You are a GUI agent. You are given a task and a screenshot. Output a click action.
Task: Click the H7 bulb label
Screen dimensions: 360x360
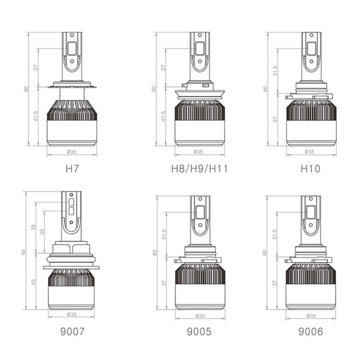pyautogui.click(x=71, y=169)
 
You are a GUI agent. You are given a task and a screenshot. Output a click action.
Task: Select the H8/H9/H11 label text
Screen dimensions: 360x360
pyautogui.click(x=200, y=169)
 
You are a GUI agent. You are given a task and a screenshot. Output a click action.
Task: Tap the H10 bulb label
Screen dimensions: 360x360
pyautogui.click(x=310, y=169)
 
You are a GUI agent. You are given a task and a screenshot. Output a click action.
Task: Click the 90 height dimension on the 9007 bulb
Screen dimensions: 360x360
pyautogui.click(x=25, y=252)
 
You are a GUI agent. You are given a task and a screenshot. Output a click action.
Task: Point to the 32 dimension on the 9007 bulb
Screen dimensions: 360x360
pyautogui.click(x=43, y=232)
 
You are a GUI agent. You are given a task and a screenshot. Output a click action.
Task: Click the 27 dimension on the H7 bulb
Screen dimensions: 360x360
pyautogui.click(x=37, y=67)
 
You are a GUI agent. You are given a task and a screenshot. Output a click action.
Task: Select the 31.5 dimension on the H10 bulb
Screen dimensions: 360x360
pyautogui.click(x=275, y=71)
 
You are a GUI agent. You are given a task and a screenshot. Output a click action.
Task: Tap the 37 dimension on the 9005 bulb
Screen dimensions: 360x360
pyautogui.click(x=163, y=283)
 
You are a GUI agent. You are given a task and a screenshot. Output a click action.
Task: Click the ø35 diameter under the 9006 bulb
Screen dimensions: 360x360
pyautogui.click(x=310, y=316)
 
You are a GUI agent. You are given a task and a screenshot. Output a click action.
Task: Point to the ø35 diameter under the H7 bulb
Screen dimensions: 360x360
pyautogui.click(x=71, y=152)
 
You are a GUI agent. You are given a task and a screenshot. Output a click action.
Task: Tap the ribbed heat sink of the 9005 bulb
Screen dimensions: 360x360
pyautogui.click(x=200, y=274)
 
